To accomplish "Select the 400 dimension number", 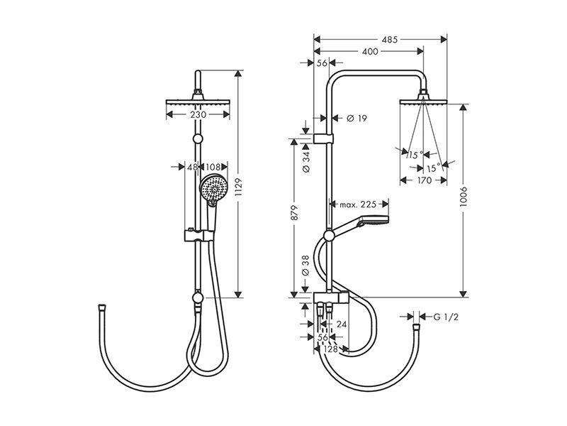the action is [x=370, y=51].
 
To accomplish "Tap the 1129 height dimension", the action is [x=238, y=187].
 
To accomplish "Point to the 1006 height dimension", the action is [x=464, y=197].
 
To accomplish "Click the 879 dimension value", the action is [x=294, y=213].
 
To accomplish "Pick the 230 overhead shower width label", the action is [x=198, y=115].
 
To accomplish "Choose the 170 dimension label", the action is [x=424, y=180].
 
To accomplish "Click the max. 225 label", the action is [x=358, y=204].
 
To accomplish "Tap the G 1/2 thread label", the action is [x=446, y=317].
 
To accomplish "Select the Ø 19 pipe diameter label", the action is [x=357, y=118].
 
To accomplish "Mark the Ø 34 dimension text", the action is [x=306, y=162].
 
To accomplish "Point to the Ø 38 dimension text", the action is [x=306, y=266].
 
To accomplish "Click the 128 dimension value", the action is [x=331, y=349].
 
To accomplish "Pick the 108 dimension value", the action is [x=213, y=167].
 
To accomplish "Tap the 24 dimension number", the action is [x=342, y=324].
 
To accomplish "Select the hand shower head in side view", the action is [x=373, y=222].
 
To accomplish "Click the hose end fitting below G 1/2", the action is [x=417, y=328].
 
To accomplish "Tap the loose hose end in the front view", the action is [x=101, y=307].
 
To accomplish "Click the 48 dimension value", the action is [x=192, y=167].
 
